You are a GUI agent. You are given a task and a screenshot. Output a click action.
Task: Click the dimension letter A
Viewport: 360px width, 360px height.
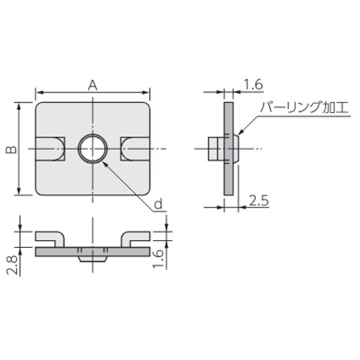(93, 84)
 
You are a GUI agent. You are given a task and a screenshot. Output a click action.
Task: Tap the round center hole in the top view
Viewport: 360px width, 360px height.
(92, 149)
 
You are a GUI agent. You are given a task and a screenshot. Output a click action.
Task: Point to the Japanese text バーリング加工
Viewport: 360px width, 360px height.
(299, 107)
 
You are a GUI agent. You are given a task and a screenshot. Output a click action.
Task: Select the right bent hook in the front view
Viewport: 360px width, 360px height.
(135, 238)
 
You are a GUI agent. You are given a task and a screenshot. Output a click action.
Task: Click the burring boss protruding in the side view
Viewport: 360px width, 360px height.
(215, 149)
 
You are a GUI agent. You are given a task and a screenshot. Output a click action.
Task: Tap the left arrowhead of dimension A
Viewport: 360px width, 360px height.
(37, 93)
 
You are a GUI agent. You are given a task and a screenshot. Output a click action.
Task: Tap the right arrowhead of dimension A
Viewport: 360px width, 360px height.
(149, 93)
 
